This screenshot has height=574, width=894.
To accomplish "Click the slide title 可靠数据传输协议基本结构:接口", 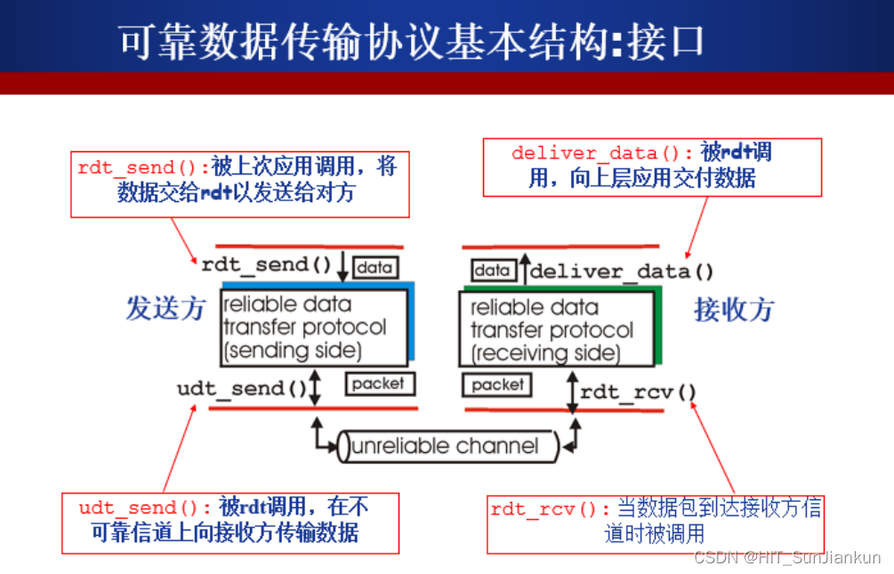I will [x=411, y=40].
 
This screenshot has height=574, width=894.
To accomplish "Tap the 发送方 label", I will [x=165, y=309].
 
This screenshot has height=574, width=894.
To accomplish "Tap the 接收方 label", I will [x=734, y=310].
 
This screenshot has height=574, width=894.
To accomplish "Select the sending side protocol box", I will [x=313, y=327].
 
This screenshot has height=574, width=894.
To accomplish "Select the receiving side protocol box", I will [x=557, y=330].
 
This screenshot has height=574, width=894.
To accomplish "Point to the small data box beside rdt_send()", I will [x=375, y=266].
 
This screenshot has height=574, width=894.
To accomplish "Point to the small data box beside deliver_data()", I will [x=492, y=270].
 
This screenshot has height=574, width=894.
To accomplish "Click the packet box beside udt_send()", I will [x=378, y=384].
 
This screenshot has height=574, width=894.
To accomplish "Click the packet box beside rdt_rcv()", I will [x=497, y=384].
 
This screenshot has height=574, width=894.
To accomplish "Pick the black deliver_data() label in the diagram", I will [x=622, y=271].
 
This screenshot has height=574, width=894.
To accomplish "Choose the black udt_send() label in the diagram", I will [x=242, y=388].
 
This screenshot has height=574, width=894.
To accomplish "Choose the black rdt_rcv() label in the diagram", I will [x=639, y=392].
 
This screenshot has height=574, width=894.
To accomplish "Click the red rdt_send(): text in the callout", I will [x=143, y=167].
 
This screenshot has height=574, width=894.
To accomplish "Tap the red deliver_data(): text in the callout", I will [x=601, y=153].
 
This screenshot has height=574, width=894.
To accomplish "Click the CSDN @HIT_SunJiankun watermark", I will [x=787, y=557].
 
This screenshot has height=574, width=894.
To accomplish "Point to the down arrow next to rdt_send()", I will [x=342, y=263].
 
